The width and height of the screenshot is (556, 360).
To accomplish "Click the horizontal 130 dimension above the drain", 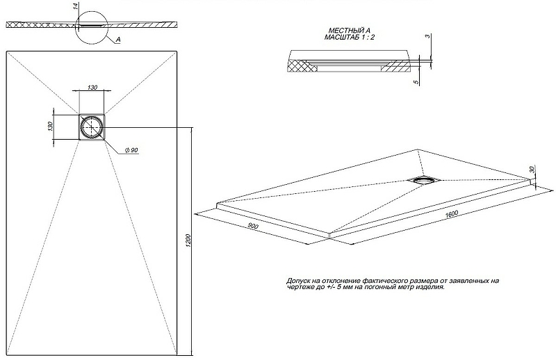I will (x=92, y=88).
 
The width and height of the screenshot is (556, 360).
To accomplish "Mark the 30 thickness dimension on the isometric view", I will (x=532, y=170).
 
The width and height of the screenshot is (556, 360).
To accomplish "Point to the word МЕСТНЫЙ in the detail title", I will (x=343, y=31).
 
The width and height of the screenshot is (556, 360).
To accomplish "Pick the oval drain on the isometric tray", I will (x=423, y=179).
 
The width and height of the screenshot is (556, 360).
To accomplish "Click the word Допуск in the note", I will (x=298, y=281).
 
